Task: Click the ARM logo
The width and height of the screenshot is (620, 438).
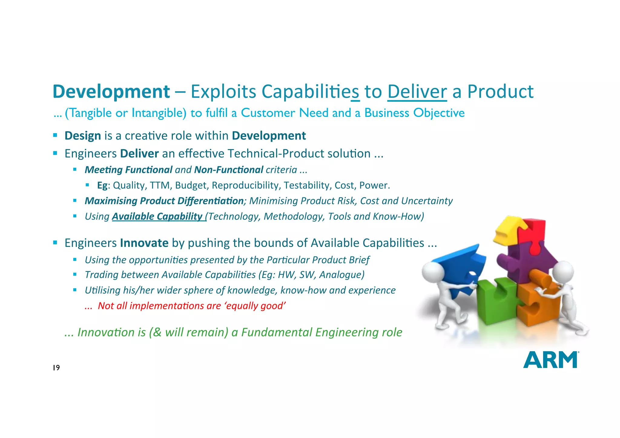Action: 550,360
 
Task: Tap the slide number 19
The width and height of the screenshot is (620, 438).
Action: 56,368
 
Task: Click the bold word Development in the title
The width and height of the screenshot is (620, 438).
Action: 111,91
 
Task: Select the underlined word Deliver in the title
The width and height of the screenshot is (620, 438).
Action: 417,91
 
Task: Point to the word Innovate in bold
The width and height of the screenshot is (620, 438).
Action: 144,243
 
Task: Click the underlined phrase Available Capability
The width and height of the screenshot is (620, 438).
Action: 157,216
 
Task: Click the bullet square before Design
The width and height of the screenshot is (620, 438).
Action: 55,135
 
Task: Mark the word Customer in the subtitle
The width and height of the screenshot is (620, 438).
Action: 268,113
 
